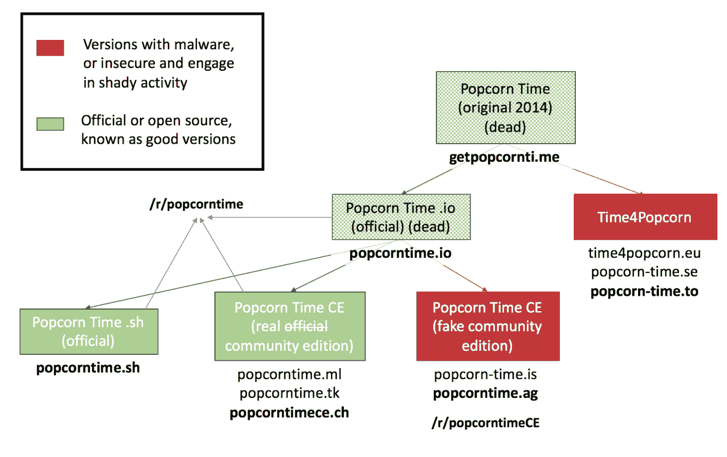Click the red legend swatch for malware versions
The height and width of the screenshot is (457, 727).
(x=50, y=47)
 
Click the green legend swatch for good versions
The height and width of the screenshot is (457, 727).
(x=50, y=123)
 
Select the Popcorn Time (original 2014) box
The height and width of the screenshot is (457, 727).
(x=505, y=108)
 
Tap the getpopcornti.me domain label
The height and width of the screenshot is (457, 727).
(x=505, y=158)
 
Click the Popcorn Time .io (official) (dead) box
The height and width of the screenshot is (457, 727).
(x=400, y=217)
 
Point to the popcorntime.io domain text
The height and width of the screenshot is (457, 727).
(x=400, y=253)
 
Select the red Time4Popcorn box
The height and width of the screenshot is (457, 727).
(x=645, y=217)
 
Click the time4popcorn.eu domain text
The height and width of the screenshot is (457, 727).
(x=645, y=253)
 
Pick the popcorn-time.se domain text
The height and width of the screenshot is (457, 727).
(x=645, y=272)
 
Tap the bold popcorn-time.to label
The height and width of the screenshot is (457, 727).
(x=645, y=291)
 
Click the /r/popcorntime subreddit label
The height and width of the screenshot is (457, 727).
(x=196, y=204)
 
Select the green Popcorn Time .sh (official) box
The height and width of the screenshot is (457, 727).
(x=88, y=331)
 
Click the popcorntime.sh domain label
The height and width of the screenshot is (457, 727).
(x=88, y=368)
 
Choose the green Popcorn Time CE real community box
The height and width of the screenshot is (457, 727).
(x=290, y=326)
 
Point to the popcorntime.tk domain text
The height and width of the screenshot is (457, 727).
(x=290, y=394)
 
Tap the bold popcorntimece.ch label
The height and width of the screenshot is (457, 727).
(x=290, y=413)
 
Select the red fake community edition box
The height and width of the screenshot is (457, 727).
(x=488, y=326)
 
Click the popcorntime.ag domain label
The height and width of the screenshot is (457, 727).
(x=485, y=394)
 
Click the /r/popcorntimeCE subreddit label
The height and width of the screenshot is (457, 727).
(x=485, y=423)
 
